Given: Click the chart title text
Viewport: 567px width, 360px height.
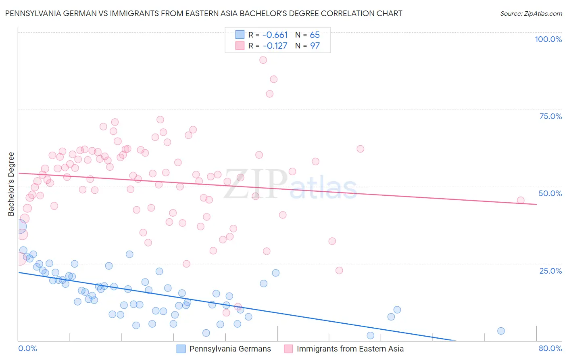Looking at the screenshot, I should (x=204, y=13).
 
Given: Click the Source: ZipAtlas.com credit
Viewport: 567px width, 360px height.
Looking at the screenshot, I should (x=531, y=13).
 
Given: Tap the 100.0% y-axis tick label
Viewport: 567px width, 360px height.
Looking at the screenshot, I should (x=548, y=39).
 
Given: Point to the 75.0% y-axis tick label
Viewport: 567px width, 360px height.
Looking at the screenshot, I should (x=550, y=116).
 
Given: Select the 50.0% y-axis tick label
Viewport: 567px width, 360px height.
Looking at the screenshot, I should (x=550, y=193).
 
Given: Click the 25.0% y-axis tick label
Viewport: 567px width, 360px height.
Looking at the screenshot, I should (x=550, y=270).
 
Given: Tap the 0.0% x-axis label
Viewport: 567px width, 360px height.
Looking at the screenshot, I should (x=27, y=348).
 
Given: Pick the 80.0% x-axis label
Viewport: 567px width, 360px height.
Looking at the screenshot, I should (x=550, y=348).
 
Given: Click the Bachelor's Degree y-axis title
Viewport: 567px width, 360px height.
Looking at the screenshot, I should (x=11, y=184).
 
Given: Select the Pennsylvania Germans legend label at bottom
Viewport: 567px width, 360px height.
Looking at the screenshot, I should (x=230, y=349).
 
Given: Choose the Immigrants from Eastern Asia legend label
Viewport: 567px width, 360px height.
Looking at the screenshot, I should (x=350, y=349).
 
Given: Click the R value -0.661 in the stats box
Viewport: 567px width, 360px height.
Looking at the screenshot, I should (x=275, y=35).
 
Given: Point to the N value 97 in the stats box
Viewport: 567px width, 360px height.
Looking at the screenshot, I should (x=315, y=46).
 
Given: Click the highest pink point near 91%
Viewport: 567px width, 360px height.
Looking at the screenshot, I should (x=263, y=60).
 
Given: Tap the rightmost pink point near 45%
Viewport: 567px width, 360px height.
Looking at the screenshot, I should (x=521, y=200).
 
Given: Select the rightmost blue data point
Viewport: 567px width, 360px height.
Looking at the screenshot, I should (x=501, y=331).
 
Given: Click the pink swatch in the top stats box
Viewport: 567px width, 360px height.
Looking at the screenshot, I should (x=240, y=46).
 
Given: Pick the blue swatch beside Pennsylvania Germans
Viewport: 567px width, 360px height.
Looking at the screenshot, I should (x=181, y=349).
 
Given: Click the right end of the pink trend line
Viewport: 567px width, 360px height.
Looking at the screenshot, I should (x=536, y=204).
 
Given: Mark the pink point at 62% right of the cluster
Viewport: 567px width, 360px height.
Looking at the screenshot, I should (x=360, y=149).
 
